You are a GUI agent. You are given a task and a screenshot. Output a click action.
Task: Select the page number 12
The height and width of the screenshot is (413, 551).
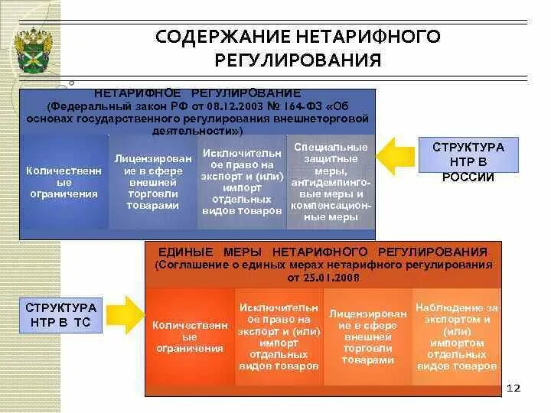click(514, 389)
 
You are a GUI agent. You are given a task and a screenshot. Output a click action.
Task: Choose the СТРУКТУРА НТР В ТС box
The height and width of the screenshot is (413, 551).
click(62, 314)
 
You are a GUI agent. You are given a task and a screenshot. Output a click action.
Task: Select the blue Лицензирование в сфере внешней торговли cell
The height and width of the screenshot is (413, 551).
click(153, 181)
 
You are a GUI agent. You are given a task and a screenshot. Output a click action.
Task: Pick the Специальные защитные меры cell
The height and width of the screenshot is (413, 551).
click(331, 182)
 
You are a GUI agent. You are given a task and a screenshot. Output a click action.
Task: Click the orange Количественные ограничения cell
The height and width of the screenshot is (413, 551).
click(187, 337)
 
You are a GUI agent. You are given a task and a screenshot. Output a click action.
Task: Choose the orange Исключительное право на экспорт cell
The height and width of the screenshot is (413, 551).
click(279, 337)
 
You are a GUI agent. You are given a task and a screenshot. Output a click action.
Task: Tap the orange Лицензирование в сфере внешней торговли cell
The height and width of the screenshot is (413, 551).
click(368, 337)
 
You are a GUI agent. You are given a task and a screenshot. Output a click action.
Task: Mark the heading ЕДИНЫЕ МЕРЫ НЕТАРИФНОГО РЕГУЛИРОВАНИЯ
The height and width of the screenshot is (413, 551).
click(322, 252)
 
